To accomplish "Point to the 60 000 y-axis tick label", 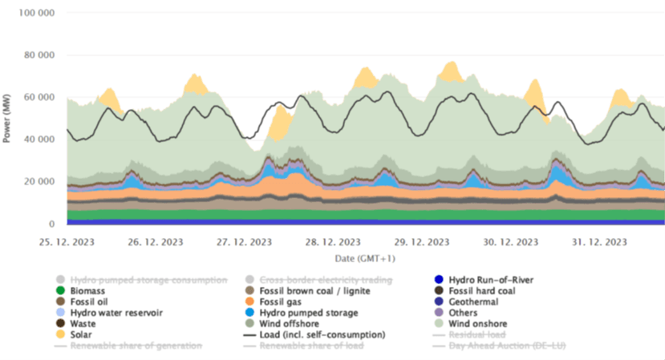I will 39,98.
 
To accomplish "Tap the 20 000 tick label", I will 39,182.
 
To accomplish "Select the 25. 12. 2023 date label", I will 67,241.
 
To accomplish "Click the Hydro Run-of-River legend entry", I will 491,279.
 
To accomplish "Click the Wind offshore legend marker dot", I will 250,323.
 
